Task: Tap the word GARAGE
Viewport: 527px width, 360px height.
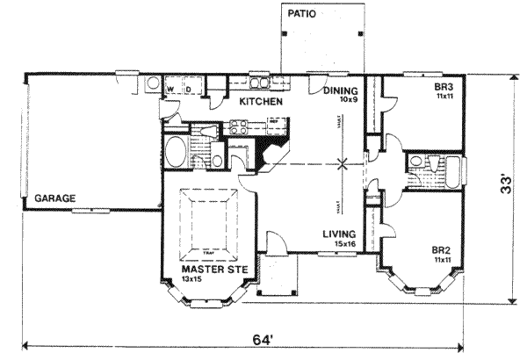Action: [x=54, y=198]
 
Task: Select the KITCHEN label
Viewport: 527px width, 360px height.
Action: [x=260, y=102]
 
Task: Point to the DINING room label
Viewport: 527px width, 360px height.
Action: [x=339, y=90]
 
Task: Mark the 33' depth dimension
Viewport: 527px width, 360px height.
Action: [x=505, y=186]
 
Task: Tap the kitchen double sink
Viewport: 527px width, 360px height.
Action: [x=260, y=84]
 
